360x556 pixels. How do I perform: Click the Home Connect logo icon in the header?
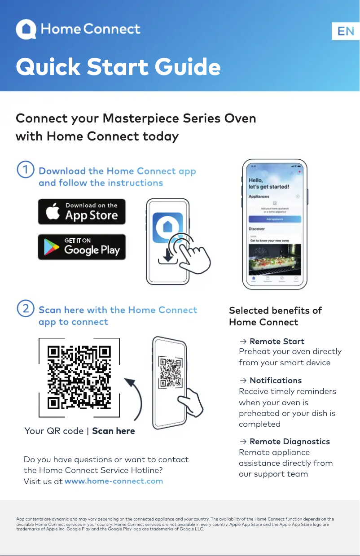click(x=26, y=30)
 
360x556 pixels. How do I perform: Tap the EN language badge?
click(x=346, y=31)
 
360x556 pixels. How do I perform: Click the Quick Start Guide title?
click(x=118, y=67)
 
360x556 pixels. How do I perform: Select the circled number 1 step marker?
click(x=25, y=171)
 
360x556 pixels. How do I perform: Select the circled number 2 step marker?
click(x=25, y=309)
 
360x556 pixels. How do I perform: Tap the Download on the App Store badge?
click(x=82, y=212)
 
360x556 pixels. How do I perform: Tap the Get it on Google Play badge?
click(x=82, y=247)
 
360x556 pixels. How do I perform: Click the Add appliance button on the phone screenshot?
click(x=275, y=219)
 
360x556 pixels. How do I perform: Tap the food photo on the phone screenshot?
click(x=275, y=259)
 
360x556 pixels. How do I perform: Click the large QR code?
click(x=79, y=377)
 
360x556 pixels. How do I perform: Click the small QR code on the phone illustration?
click(x=170, y=372)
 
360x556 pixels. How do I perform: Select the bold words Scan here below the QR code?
click(x=114, y=431)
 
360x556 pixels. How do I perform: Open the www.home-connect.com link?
click(x=114, y=481)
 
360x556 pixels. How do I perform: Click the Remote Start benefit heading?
click(x=277, y=341)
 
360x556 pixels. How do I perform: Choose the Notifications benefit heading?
click(x=276, y=381)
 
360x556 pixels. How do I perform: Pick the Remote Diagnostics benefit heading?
click(x=290, y=442)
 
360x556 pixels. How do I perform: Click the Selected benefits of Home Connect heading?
click(x=275, y=316)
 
